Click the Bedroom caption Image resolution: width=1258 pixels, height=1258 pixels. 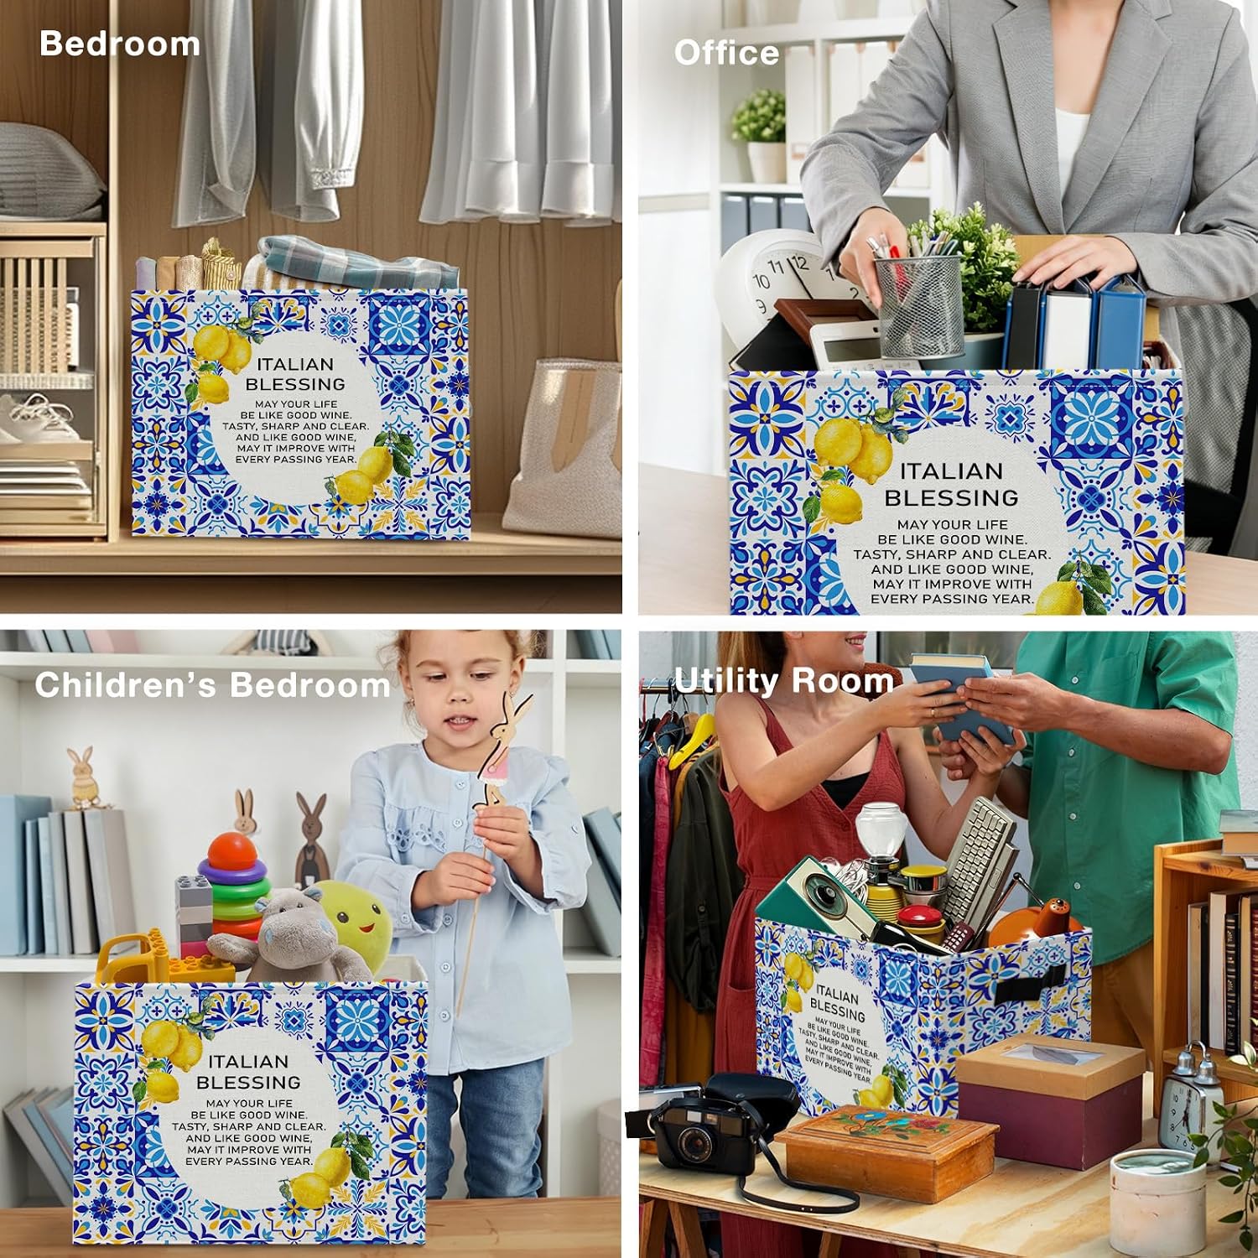120,44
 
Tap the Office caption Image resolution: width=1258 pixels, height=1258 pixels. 726,53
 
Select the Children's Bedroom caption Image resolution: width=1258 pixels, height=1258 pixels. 212,685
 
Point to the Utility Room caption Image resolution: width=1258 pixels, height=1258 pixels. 784,680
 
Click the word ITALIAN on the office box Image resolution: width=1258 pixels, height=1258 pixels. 951,471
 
